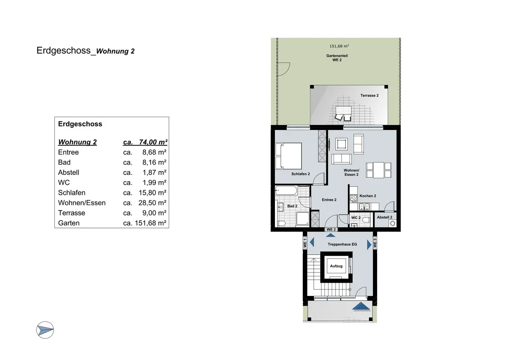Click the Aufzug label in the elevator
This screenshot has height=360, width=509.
[336, 266]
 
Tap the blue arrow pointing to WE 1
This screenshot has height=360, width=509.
[312, 242]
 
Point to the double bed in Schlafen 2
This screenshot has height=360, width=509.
[288, 155]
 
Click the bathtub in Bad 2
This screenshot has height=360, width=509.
[286, 191]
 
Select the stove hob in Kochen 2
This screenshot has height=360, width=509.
[353, 198]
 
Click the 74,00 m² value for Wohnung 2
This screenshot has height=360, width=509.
[152, 142]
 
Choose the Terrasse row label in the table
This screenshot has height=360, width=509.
[72, 213]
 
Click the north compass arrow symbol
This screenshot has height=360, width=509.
[45, 329]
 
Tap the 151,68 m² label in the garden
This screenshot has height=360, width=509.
[339, 46]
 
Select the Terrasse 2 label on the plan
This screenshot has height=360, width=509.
[369, 96]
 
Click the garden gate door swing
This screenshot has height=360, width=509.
[283, 68]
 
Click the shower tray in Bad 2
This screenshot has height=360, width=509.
[302, 219]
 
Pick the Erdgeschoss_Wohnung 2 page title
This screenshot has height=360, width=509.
[86, 51]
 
